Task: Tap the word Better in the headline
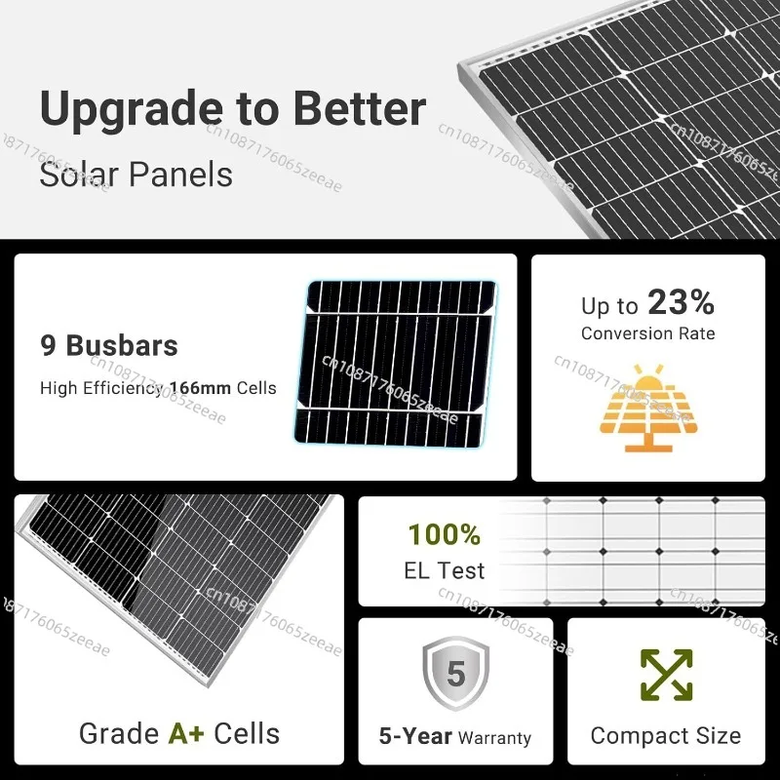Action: click(360, 108)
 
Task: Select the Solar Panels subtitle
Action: click(136, 175)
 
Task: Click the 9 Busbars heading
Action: click(109, 345)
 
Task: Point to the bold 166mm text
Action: click(200, 388)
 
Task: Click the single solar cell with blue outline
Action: click(395, 363)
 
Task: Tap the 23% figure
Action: click(681, 302)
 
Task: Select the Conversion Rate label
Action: click(647, 333)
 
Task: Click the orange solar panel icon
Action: click(648, 408)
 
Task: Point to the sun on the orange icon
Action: click(648, 378)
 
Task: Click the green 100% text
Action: click(445, 534)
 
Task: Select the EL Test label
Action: click(445, 570)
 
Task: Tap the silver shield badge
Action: click(455, 673)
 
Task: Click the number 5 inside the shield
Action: click(455, 674)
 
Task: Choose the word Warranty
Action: click(494, 738)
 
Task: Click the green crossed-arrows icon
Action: click(667, 675)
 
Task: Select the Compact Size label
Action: click(666, 736)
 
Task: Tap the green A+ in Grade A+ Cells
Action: click(186, 733)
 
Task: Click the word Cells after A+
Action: click(247, 733)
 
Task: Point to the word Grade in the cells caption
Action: click(119, 733)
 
